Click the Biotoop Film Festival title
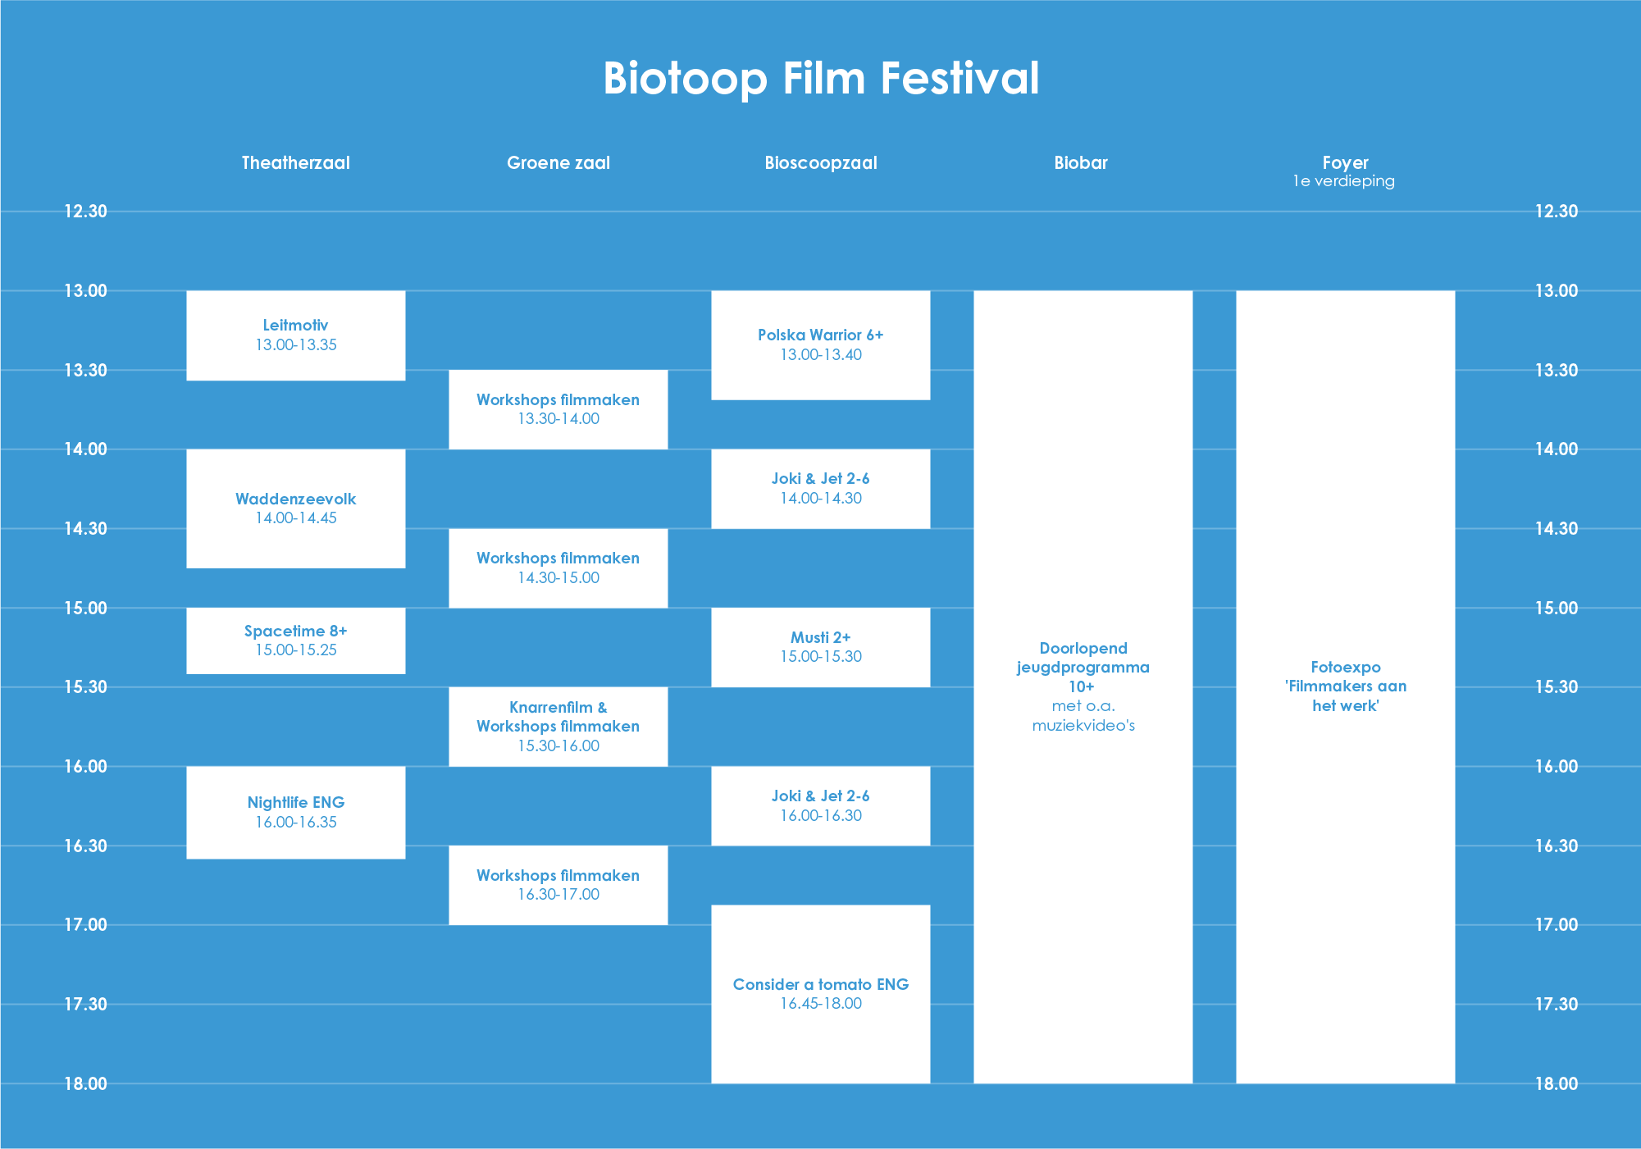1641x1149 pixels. pyautogui.click(x=821, y=79)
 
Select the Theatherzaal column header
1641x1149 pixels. pyautogui.click(x=295, y=162)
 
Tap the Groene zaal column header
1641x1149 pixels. pyautogui.click(x=558, y=162)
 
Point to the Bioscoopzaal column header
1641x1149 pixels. pyautogui.click(x=821, y=162)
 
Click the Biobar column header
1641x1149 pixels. pyautogui.click(x=1081, y=162)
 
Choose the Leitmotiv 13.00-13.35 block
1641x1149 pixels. pyautogui.click(x=296, y=335)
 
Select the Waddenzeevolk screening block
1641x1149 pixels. pyautogui.click(x=296, y=508)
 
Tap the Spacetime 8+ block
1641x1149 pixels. pyautogui.click(x=296, y=641)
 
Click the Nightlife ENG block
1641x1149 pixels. pyautogui.click(x=296, y=813)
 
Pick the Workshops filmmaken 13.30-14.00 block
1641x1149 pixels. pyautogui.click(x=558, y=409)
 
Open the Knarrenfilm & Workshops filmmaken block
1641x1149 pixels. pyautogui.click(x=558, y=727)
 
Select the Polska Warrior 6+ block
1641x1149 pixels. pyautogui.click(x=821, y=345)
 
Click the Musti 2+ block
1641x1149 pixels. pyautogui.click(x=821, y=647)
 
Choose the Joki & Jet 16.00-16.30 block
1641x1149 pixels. pyautogui.click(x=821, y=805)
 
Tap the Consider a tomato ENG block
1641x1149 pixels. pyautogui.click(x=821, y=994)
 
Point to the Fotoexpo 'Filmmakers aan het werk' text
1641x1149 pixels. pyautogui.click(x=1346, y=686)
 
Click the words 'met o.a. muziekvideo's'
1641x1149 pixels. pyautogui.click(x=1083, y=715)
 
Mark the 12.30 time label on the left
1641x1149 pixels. pyautogui.click(x=86, y=211)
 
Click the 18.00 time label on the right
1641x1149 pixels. pyautogui.click(x=1557, y=1083)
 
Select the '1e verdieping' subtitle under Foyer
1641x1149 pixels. pyautogui.click(x=1344, y=181)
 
